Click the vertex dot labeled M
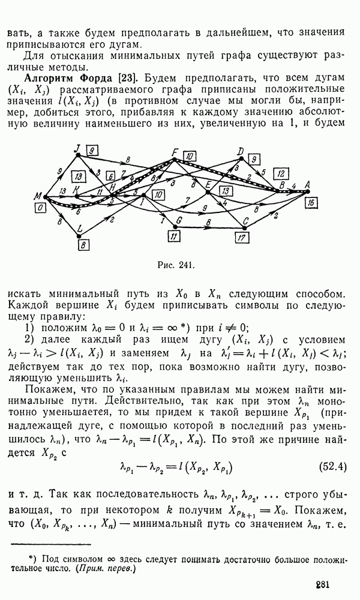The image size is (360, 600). (x=45, y=197)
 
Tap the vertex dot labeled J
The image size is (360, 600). (x=78, y=155)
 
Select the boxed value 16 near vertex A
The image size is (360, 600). (x=311, y=203)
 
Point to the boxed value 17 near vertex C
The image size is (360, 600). (x=241, y=238)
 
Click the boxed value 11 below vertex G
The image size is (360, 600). (x=173, y=237)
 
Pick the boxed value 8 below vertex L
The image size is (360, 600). (x=83, y=245)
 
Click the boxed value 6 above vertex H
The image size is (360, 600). (x=111, y=176)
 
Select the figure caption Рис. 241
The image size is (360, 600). (x=177, y=265)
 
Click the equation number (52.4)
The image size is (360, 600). (x=332, y=467)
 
